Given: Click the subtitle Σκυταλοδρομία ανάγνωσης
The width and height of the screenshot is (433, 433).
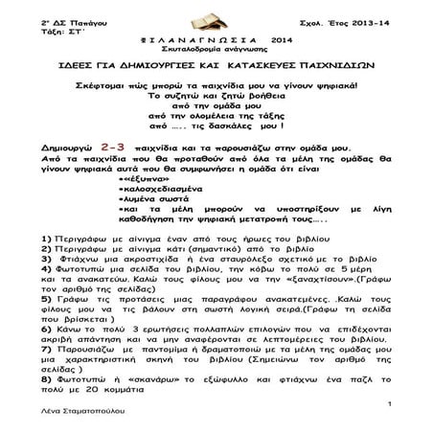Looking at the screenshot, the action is pos(216,52).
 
